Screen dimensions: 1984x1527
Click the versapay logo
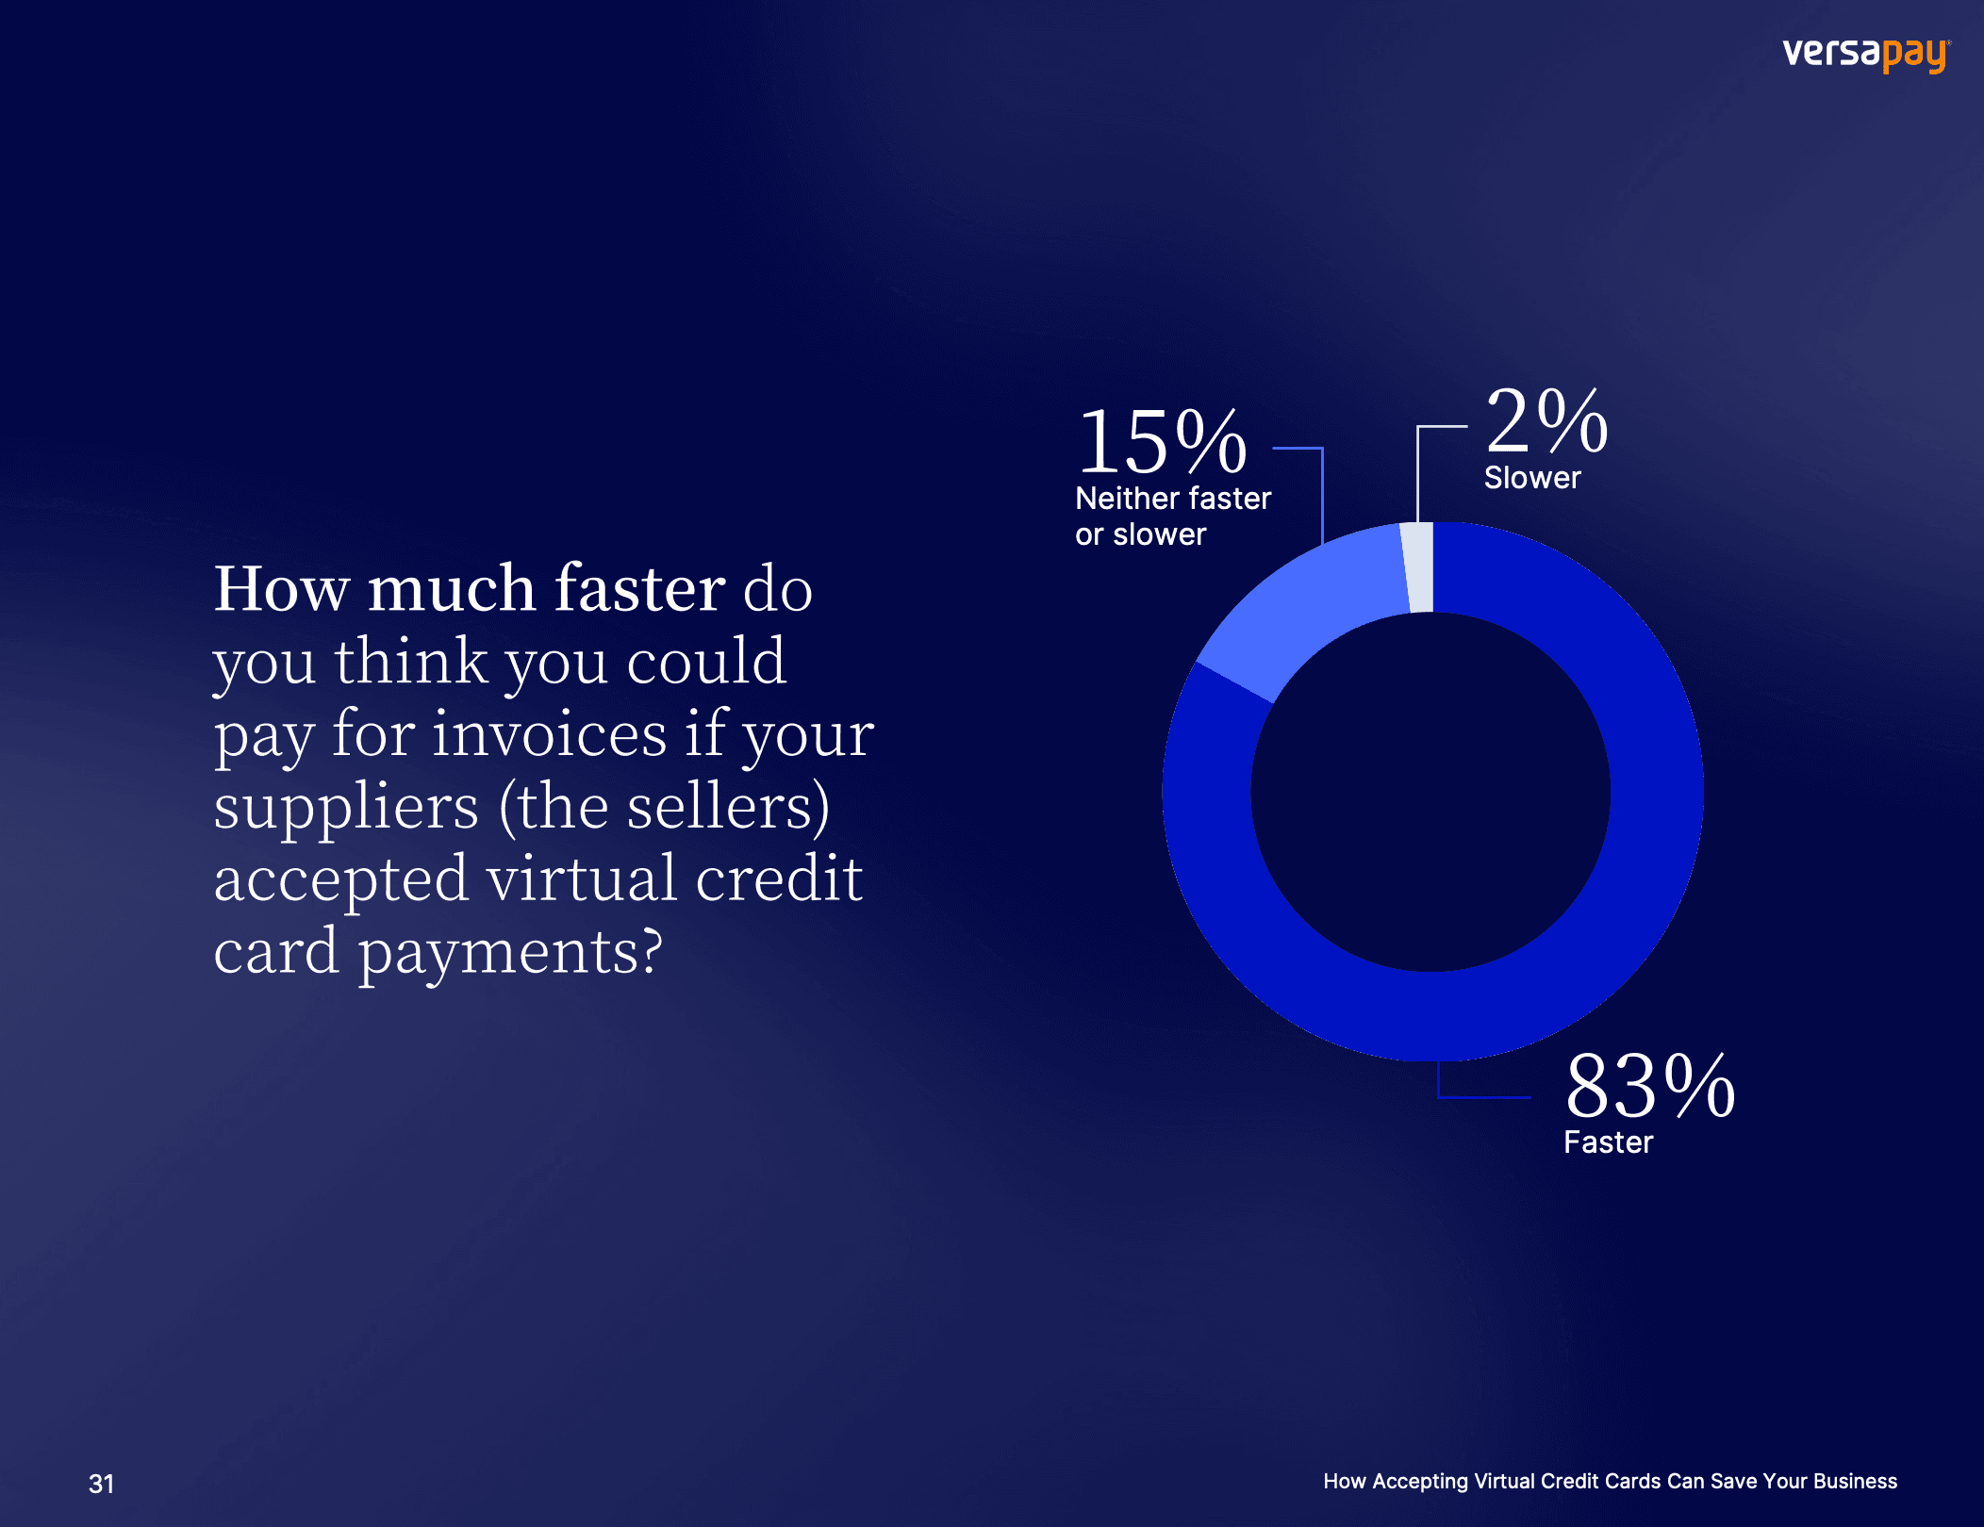coord(1866,54)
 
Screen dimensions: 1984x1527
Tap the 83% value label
coord(1650,1086)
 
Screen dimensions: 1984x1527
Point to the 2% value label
coord(1546,420)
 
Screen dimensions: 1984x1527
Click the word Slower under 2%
coord(1532,478)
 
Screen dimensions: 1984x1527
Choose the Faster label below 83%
coord(1608,1142)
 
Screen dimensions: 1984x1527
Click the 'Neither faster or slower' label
coord(1173,516)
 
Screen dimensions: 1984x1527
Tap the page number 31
coord(101,1484)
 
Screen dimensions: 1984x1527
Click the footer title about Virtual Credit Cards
coord(1610,1481)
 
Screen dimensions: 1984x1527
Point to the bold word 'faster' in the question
coord(640,588)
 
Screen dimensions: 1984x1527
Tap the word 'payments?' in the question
coord(510,953)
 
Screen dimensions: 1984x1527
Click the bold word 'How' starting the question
coord(282,588)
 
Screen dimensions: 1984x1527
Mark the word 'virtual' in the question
coord(582,878)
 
